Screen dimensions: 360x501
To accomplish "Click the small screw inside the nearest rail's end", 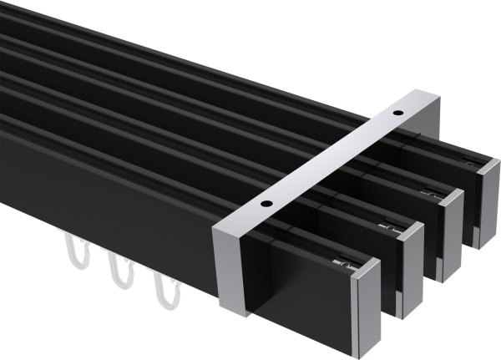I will pyautogui.click(x=340, y=265).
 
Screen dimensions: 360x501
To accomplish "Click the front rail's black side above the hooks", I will pyautogui.click(x=100, y=192).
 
